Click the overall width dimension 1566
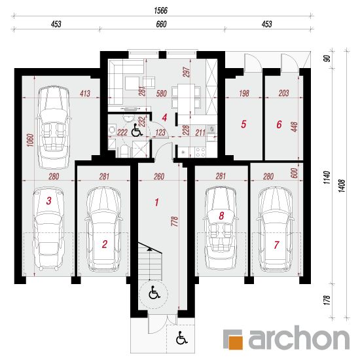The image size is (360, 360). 161,10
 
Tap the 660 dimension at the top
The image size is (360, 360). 161,24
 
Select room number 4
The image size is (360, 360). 164,118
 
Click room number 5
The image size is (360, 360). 243,124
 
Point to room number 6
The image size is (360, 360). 279,124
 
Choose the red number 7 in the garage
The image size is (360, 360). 276,245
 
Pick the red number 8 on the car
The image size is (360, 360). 221,215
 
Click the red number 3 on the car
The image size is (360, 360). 48,201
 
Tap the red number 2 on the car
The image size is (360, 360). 105,244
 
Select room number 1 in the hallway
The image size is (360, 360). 156,202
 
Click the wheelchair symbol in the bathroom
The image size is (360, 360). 137,130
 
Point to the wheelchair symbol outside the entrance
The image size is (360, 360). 181,338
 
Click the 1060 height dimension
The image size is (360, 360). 31,140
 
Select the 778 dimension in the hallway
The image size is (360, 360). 175,221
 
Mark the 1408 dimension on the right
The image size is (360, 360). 342,186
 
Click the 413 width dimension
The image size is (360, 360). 85,94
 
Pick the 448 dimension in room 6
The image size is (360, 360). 294,127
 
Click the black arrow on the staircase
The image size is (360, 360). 149,249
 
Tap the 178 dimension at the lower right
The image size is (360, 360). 327,300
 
